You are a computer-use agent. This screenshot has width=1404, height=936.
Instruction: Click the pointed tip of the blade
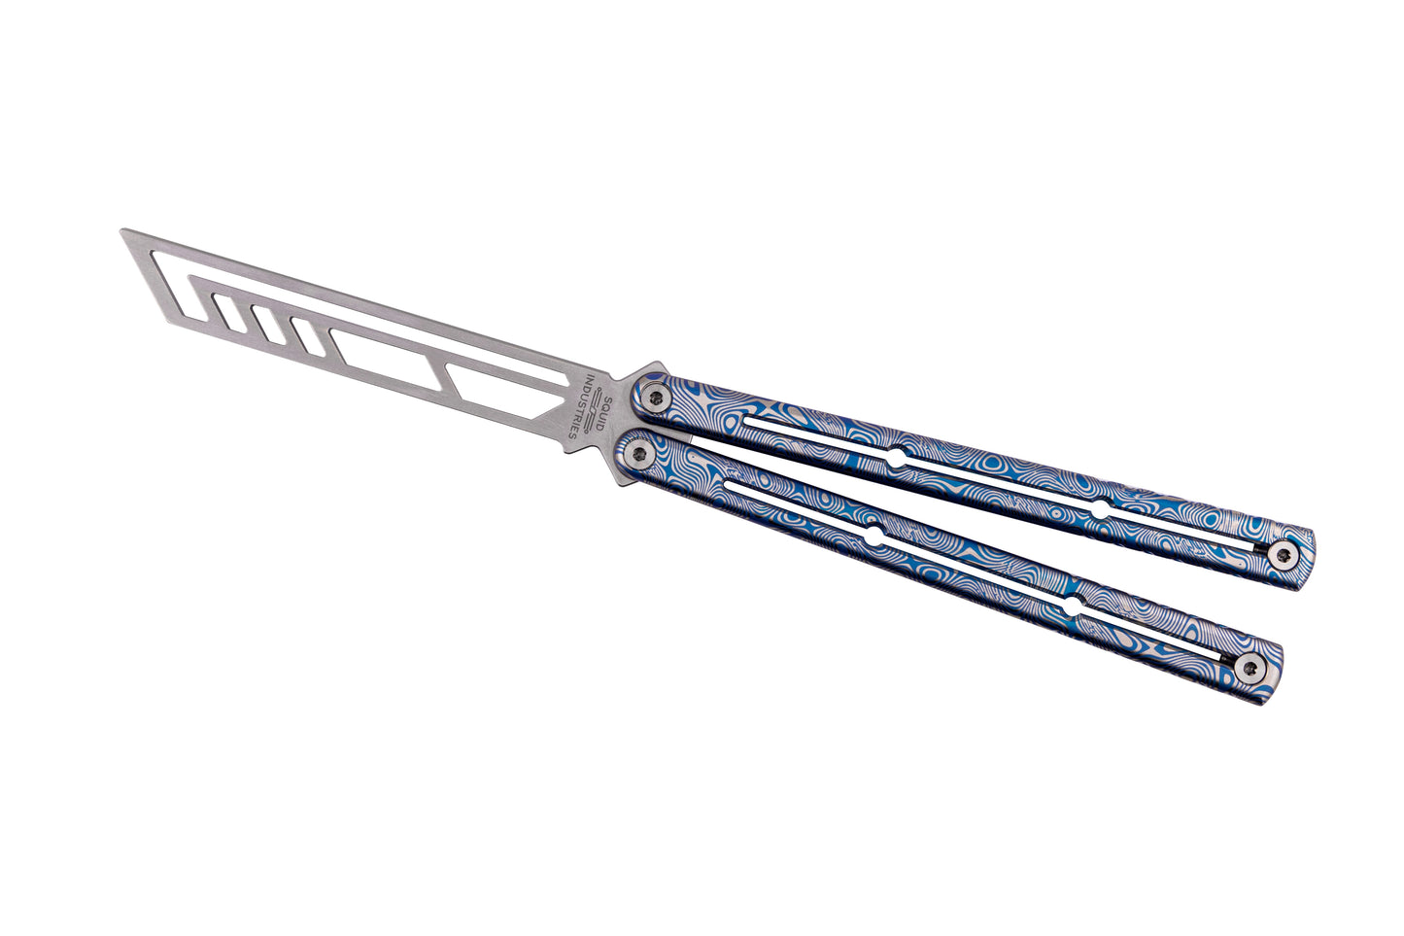[x=121, y=230]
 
